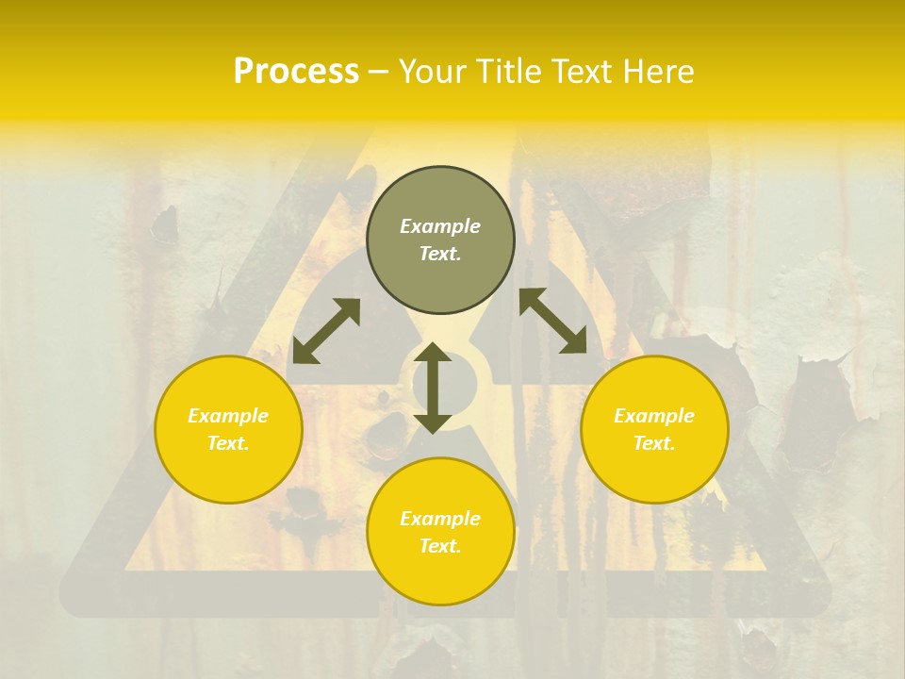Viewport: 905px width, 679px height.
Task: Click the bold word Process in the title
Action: click(296, 72)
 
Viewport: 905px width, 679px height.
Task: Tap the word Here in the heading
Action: click(660, 72)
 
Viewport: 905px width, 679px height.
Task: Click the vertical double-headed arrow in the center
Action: click(433, 388)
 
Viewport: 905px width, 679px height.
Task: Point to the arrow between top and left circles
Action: click(326, 330)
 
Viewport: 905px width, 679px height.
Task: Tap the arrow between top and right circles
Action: click(552, 321)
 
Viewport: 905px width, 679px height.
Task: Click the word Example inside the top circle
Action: click(440, 226)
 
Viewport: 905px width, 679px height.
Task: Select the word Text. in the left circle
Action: click(228, 443)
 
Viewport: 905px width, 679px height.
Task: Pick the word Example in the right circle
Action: click(654, 416)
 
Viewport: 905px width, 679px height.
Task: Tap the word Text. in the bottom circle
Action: click(440, 546)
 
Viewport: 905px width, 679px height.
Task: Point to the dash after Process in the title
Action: click(378, 73)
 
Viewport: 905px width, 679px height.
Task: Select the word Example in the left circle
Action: click(228, 416)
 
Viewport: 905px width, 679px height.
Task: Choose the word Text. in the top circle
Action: click(440, 254)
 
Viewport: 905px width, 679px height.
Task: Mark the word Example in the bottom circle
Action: click(440, 519)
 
